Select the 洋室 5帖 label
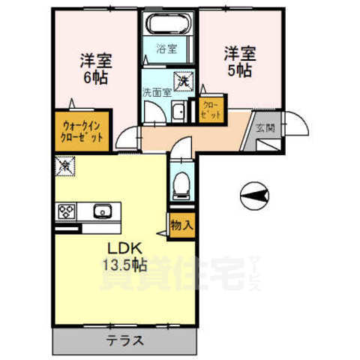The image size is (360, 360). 238,61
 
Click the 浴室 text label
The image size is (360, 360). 166,49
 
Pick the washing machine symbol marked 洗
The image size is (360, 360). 182,79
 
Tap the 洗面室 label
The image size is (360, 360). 157,93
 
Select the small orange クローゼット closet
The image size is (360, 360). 210,112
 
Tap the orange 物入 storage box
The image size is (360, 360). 181,224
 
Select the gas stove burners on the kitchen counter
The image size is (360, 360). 65,211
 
